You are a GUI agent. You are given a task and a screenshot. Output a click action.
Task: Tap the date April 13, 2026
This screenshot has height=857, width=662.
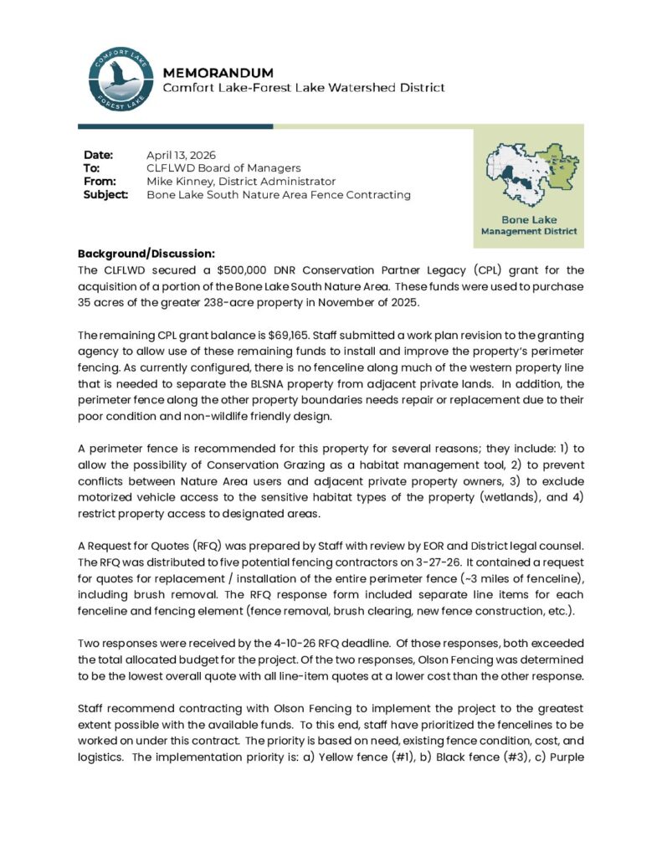click(181, 155)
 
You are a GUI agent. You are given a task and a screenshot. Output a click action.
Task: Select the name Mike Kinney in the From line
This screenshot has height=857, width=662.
click(181, 182)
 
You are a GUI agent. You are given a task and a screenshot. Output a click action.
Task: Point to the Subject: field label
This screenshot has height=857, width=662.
click(105, 195)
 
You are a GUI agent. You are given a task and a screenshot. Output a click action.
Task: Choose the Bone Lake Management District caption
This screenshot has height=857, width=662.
click(529, 225)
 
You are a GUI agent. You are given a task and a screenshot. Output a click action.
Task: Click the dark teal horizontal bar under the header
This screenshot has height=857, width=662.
click(175, 126)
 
